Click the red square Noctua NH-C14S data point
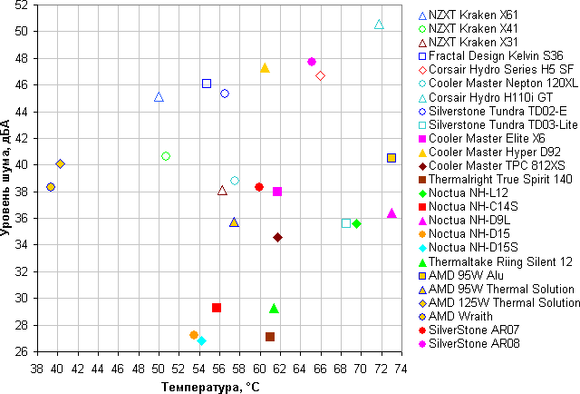click(217, 308)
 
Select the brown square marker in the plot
click(270, 337)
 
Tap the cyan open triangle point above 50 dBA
click(379, 24)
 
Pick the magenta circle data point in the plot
click(312, 62)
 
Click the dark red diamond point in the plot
click(277, 237)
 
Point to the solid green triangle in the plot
click(274, 309)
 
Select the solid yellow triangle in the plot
click(265, 68)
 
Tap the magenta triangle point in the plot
click(391, 213)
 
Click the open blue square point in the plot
click(207, 84)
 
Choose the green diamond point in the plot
click(356, 223)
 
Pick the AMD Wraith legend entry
click(461, 315)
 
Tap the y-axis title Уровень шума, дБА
click(7, 180)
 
